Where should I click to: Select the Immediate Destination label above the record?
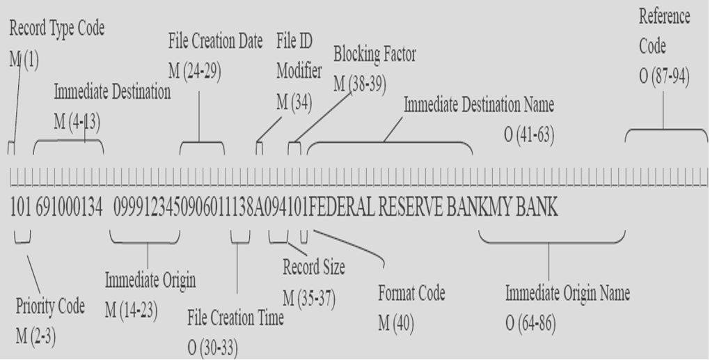112,93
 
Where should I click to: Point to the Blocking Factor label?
375,55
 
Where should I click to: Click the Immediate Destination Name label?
479,105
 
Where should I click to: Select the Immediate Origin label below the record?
150,280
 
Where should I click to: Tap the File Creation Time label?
235,318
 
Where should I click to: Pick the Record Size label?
314,267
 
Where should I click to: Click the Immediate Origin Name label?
567,294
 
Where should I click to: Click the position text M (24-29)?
195,71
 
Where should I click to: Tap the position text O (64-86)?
530,324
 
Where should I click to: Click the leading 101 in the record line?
19,209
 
